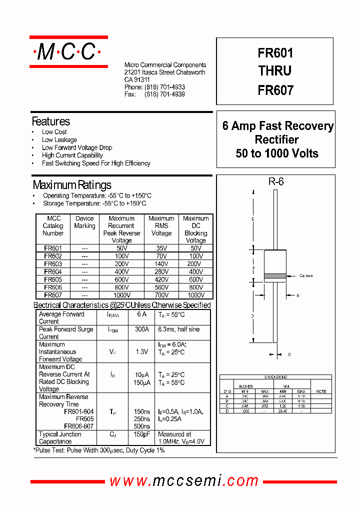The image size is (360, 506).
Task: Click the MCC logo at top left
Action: pos(68,51)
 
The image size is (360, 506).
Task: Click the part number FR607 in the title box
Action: pos(275,90)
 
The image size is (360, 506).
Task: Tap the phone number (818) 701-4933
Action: pos(164,87)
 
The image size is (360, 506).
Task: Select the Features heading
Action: pos(51,121)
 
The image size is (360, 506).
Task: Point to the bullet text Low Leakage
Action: pos(59,140)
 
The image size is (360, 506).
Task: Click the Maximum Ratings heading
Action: pos(72,185)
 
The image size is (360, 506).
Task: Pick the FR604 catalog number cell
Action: pos(53,271)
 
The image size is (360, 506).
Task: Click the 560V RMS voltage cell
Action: pos(161,287)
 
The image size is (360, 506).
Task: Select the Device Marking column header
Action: pos(84,222)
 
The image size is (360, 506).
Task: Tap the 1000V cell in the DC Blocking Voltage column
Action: pos(195,295)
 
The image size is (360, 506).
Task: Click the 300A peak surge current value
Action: pos(142,329)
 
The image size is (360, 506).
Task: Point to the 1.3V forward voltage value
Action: pos(142,352)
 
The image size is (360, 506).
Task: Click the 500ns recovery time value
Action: pos(142,426)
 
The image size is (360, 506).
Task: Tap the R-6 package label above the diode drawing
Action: pos(276,182)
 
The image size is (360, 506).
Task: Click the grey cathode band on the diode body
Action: pos(275,275)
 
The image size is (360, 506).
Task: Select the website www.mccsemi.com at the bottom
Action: pos(184,481)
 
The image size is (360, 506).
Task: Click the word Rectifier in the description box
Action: pos(276,140)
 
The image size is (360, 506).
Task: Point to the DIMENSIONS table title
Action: pos(275,377)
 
